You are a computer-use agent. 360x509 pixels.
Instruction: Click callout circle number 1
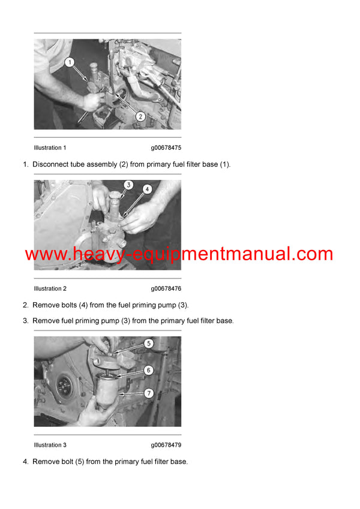coord(70,62)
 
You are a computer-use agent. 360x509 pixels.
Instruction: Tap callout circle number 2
coord(140,116)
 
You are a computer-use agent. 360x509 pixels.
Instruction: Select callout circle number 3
coord(128,185)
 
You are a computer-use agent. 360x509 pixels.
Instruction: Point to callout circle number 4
coord(148,188)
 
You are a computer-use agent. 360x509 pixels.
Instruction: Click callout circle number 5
coord(148,344)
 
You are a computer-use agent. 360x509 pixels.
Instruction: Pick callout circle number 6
coord(148,371)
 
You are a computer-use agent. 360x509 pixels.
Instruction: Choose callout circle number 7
coord(148,393)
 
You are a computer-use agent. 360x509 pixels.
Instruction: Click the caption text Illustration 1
coord(50,147)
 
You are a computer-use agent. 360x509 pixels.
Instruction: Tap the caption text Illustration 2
coord(50,288)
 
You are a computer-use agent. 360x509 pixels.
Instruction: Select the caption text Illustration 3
coord(50,445)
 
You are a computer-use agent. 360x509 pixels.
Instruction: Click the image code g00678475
coord(166,147)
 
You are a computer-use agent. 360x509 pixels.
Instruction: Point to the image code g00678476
coord(166,288)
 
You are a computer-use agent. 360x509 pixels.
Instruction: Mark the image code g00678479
coord(166,445)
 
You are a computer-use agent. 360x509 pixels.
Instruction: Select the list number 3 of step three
coord(25,321)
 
